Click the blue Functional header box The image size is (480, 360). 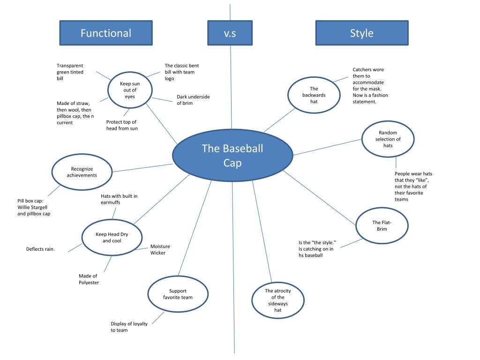[105, 33]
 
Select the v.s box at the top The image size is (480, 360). [230, 33]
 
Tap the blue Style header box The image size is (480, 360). [362, 33]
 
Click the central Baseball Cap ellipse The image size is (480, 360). [232, 155]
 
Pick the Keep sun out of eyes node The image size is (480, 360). [129, 90]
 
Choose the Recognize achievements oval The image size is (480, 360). [82, 172]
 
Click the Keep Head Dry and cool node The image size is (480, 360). [112, 237]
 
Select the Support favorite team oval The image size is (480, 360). [178, 294]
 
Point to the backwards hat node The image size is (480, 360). [314, 95]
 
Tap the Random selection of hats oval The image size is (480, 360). [388, 139]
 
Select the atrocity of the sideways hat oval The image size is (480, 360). [277, 300]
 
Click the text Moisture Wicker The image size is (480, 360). [160, 249]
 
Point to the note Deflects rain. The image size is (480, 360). [40, 249]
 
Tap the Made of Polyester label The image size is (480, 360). [89, 279]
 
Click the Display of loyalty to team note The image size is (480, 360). [126, 327]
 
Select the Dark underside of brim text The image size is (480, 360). [193, 100]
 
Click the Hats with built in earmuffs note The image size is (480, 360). [119, 199]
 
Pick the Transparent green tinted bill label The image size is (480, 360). [70, 72]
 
